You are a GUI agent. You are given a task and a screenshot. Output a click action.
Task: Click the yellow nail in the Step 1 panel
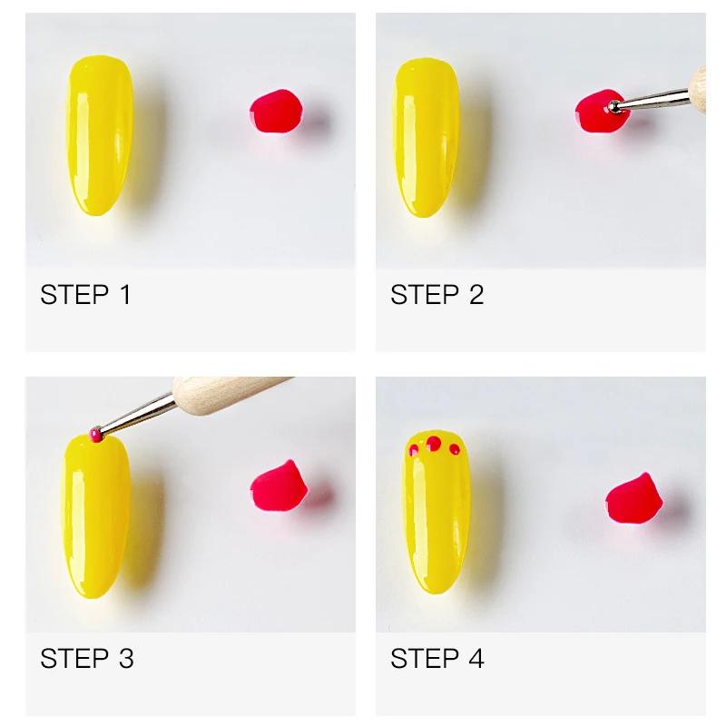pyautogui.click(x=98, y=136)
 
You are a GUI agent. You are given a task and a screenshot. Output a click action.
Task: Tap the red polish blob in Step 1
pyautogui.click(x=276, y=113)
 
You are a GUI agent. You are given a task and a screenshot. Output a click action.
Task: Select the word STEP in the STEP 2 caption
pyautogui.click(x=425, y=295)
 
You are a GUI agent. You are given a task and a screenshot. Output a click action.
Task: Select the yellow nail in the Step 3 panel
pyautogui.click(x=98, y=517)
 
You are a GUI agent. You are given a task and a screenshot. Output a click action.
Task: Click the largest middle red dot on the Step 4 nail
pyautogui.click(x=434, y=443)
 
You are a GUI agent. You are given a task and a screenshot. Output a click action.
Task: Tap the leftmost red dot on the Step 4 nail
pyautogui.click(x=414, y=447)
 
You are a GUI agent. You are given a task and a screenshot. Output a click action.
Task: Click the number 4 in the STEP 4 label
pyautogui.click(x=475, y=658)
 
